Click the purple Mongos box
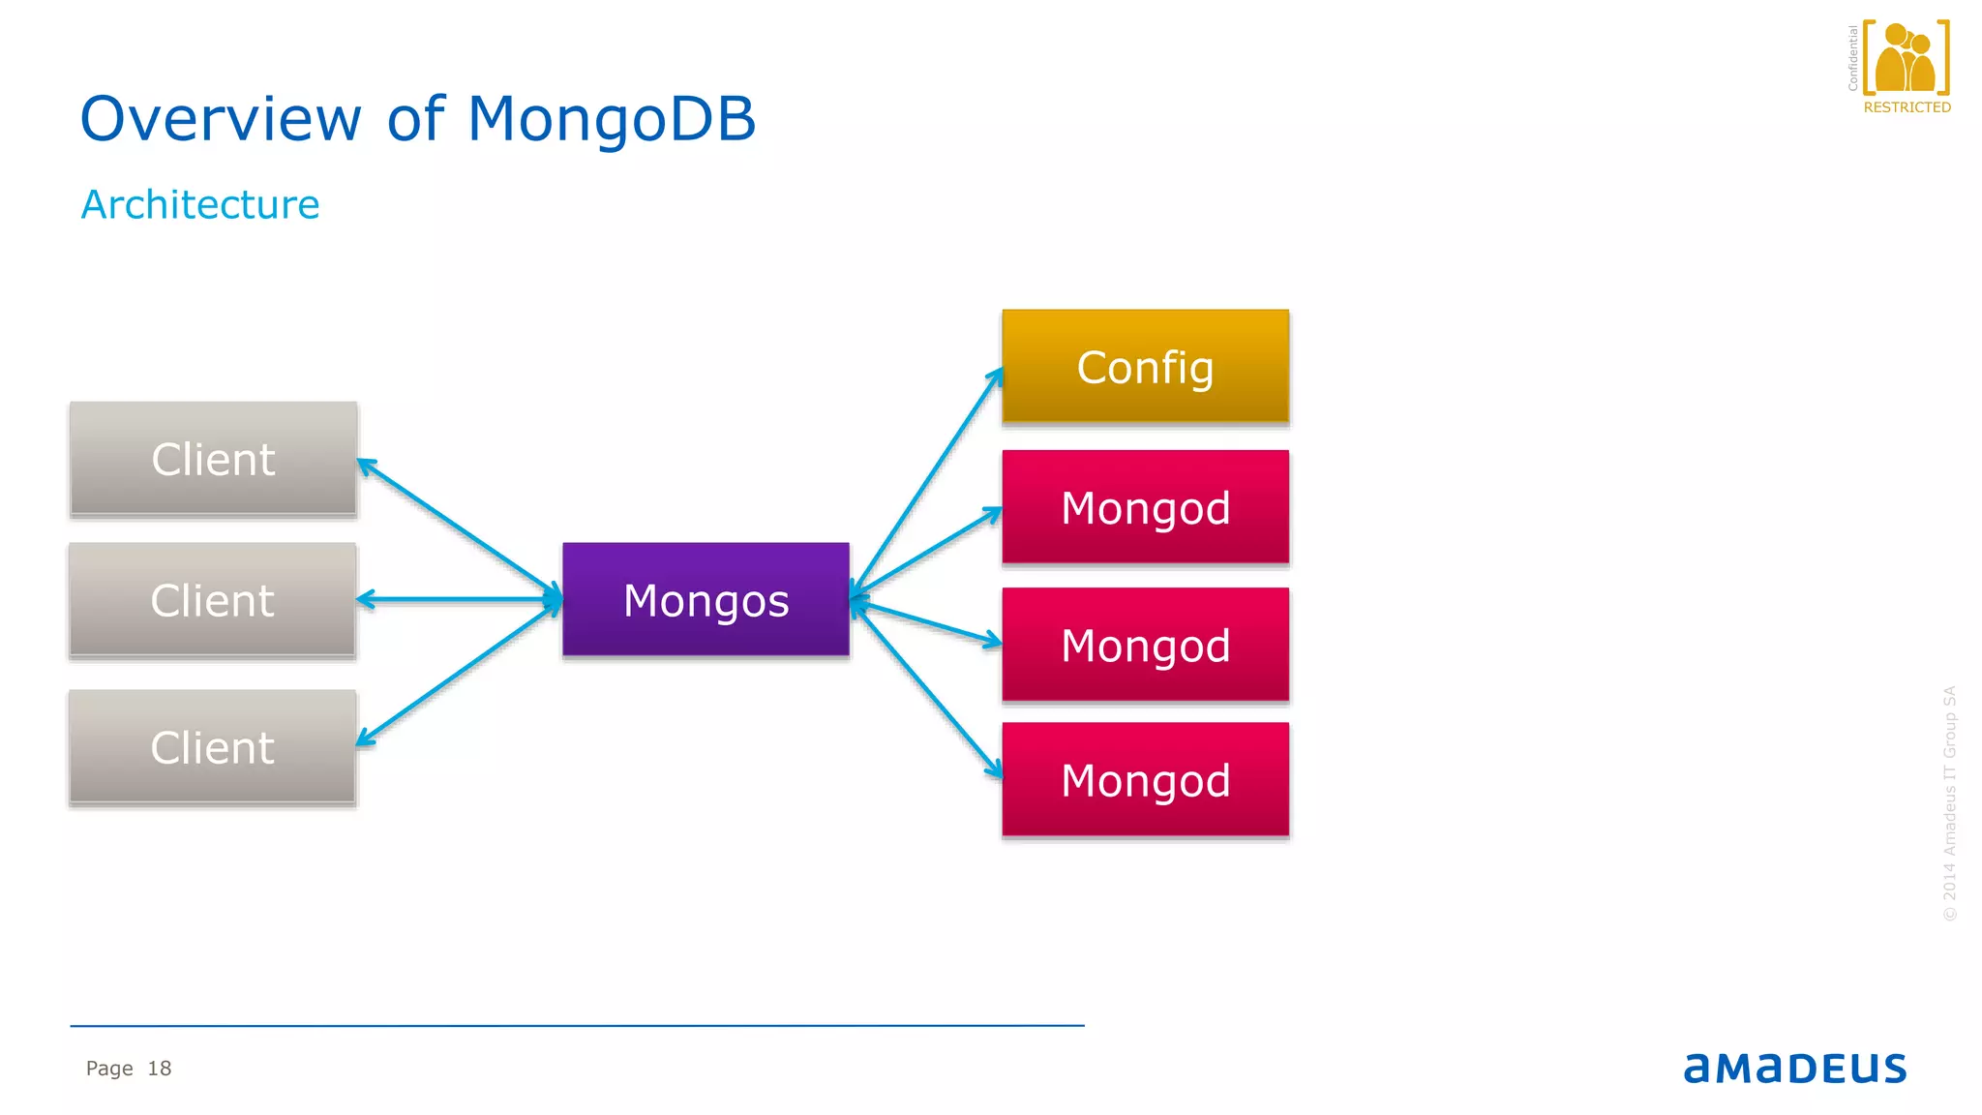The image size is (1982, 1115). pos(706,599)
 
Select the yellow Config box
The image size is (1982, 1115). pos(1145,366)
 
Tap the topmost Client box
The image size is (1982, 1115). pos(213,458)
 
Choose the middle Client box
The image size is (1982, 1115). pos(213,600)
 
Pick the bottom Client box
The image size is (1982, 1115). pos(213,747)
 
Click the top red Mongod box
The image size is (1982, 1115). pos(1145,506)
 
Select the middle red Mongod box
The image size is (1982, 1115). pos(1145,645)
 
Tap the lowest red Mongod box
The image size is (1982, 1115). pos(1145,780)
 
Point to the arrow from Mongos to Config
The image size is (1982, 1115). pos(927,481)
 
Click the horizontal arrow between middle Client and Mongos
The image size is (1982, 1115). pos(460,600)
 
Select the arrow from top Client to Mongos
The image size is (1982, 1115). pos(458,527)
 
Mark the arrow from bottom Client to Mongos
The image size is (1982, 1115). pos(458,674)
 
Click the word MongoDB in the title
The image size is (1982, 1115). pos(611,119)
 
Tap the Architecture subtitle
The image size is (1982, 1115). pos(200,204)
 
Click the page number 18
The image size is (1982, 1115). pos(159,1068)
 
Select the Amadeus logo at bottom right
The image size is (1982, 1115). pos(1794,1068)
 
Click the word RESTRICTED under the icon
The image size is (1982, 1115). pos(1907,107)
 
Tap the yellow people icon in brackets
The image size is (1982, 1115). pos(1905,58)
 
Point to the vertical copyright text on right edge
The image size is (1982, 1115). pos(1949,803)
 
